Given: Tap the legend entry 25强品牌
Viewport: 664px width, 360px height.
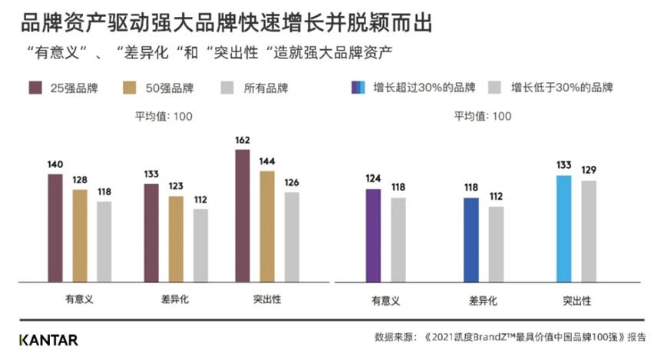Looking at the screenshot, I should pyautogui.click(x=64, y=88).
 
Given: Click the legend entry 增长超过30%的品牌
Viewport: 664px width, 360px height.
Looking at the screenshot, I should pyautogui.click(x=415, y=88).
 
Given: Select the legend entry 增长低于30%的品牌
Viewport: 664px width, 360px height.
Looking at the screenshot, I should pyautogui.click(x=553, y=88).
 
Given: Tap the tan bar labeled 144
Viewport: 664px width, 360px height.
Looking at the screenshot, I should pyautogui.click(x=266, y=227).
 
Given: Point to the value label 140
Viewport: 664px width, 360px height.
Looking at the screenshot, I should pyautogui.click(x=55, y=164).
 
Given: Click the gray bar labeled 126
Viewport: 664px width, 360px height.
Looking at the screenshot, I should pyautogui.click(x=291, y=238).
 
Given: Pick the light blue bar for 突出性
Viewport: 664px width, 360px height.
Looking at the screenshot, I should pyautogui.click(x=563, y=229).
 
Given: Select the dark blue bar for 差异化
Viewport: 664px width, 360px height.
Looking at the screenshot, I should pyautogui.click(x=471, y=240).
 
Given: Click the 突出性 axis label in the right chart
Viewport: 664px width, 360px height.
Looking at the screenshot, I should pyautogui.click(x=574, y=301).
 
